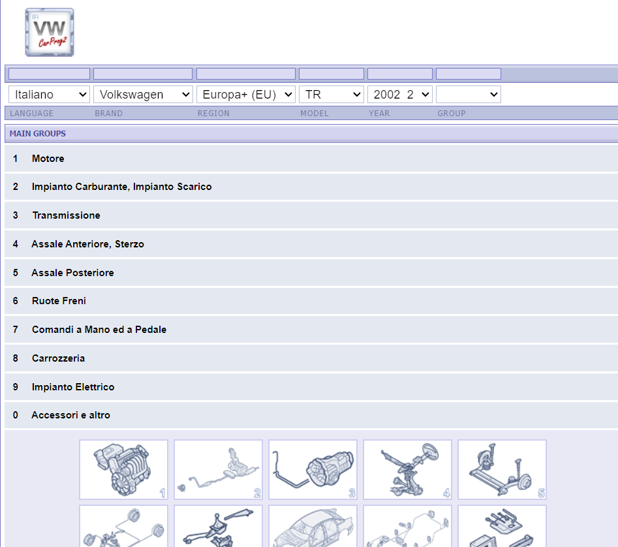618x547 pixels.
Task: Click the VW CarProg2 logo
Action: (50, 33)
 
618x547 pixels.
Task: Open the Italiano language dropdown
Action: (49, 95)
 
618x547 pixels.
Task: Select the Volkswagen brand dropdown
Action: (143, 95)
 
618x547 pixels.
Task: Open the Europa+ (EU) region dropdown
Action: (246, 95)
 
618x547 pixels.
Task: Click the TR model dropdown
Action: (332, 95)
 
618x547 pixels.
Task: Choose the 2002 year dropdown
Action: (400, 95)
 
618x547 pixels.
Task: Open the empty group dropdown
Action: (469, 95)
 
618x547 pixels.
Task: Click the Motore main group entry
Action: (48, 159)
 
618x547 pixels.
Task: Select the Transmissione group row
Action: (66, 215)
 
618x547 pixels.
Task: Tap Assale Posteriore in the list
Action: (73, 273)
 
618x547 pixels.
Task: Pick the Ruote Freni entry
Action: (59, 301)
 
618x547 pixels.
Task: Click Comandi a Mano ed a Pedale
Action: (99, 330)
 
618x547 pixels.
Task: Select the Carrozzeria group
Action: (58, 358)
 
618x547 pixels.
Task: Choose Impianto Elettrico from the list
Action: (73, 387)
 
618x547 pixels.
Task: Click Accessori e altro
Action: (71, 415)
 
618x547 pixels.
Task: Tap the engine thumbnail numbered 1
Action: (124, 470)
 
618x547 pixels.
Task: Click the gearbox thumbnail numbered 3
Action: (313, 470)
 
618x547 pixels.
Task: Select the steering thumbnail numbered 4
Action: (407, 470)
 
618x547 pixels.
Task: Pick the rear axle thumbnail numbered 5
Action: (502, 470)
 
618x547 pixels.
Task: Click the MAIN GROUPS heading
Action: (38, 134)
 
